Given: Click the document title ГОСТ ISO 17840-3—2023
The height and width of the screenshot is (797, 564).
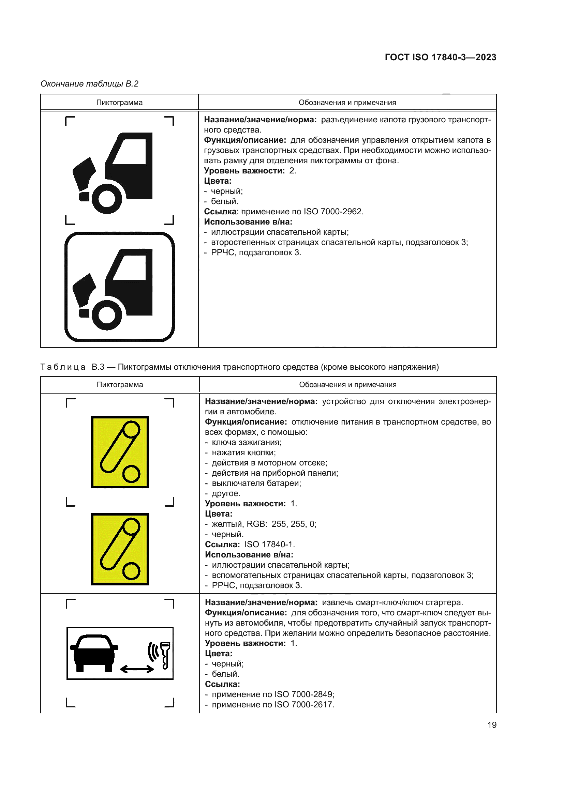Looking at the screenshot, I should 440,57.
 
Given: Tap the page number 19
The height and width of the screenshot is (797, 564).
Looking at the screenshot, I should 492,725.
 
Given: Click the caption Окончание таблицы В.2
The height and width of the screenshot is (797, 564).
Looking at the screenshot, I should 89,84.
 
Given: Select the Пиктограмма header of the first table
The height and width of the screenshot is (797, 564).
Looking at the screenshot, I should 119,103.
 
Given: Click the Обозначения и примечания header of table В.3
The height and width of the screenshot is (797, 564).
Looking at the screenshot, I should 347,385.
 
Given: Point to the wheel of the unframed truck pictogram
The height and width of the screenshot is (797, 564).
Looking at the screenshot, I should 107,199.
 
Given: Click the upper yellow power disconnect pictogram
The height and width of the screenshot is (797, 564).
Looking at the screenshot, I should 120,452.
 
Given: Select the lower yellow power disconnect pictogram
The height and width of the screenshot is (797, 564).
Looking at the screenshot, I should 120,549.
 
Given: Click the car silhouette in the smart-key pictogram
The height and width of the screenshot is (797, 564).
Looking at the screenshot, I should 94,653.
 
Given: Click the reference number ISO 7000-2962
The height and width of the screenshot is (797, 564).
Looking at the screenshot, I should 333,211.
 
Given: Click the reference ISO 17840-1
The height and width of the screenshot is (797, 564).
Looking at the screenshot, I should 269,544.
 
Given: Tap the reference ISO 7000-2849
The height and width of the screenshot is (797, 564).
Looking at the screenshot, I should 304,694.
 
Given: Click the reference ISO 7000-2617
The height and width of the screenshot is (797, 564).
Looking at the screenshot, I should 304,704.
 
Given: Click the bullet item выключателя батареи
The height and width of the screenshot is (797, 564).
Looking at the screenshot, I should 256,483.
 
